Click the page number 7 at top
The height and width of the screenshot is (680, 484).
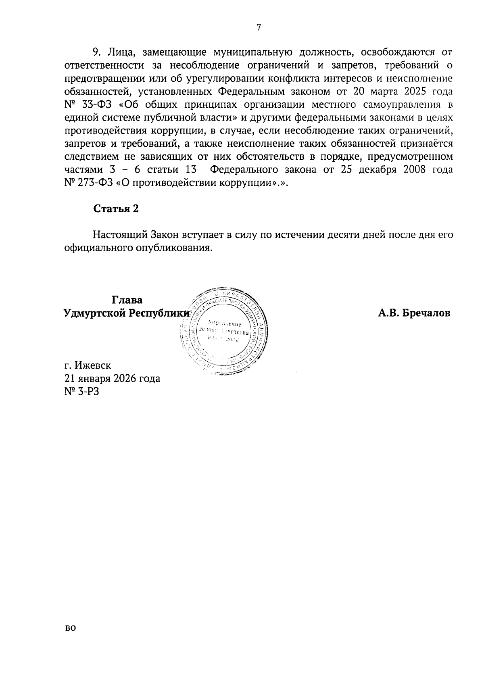(259, 27)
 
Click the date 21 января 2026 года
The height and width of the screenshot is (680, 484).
(112, 378)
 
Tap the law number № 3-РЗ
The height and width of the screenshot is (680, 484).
(81, 391)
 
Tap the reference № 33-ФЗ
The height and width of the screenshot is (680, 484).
(89, 105)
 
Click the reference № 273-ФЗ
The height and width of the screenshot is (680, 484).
(89, 183)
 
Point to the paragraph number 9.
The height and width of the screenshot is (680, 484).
(96, 52)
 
